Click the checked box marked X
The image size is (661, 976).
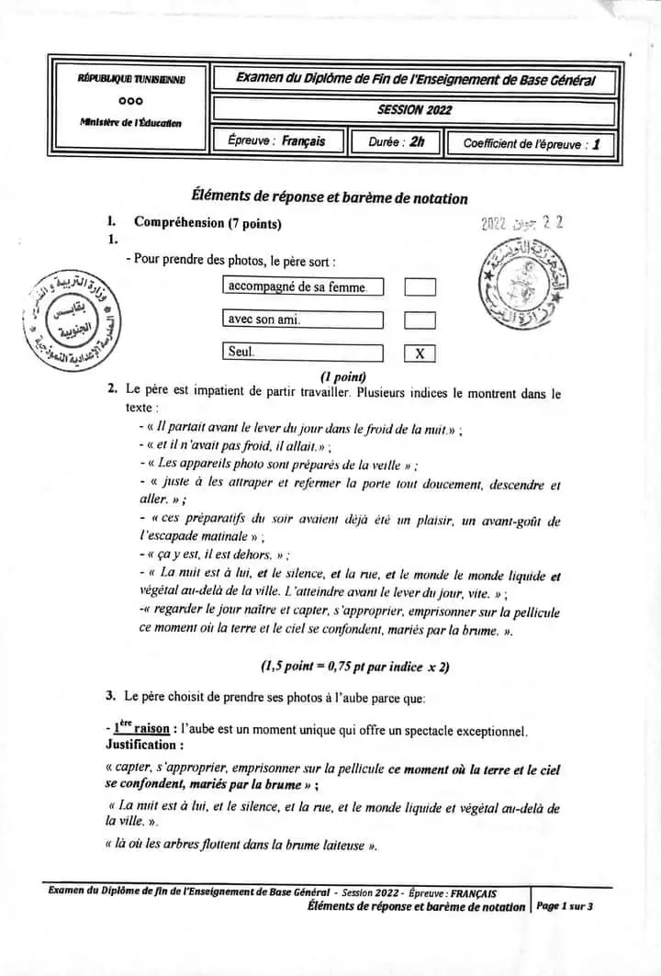tap(420, 353)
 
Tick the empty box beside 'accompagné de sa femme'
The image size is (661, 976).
tap(420, 287)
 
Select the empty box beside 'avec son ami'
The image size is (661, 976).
tap(420, 320)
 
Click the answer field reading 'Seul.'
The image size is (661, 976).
tap(303, 353)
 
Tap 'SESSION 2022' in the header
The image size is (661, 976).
tap(414, 110)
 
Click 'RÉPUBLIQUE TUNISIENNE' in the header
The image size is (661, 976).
tap(132, 81)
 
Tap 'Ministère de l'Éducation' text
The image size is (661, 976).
tap(130, 123)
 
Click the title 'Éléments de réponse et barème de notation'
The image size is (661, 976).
tap(329, 197)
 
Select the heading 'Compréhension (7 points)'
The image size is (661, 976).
tap(207, 222)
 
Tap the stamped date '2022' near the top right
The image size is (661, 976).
tap(494, 224)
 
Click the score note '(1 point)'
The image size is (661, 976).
tap(343, 376)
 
